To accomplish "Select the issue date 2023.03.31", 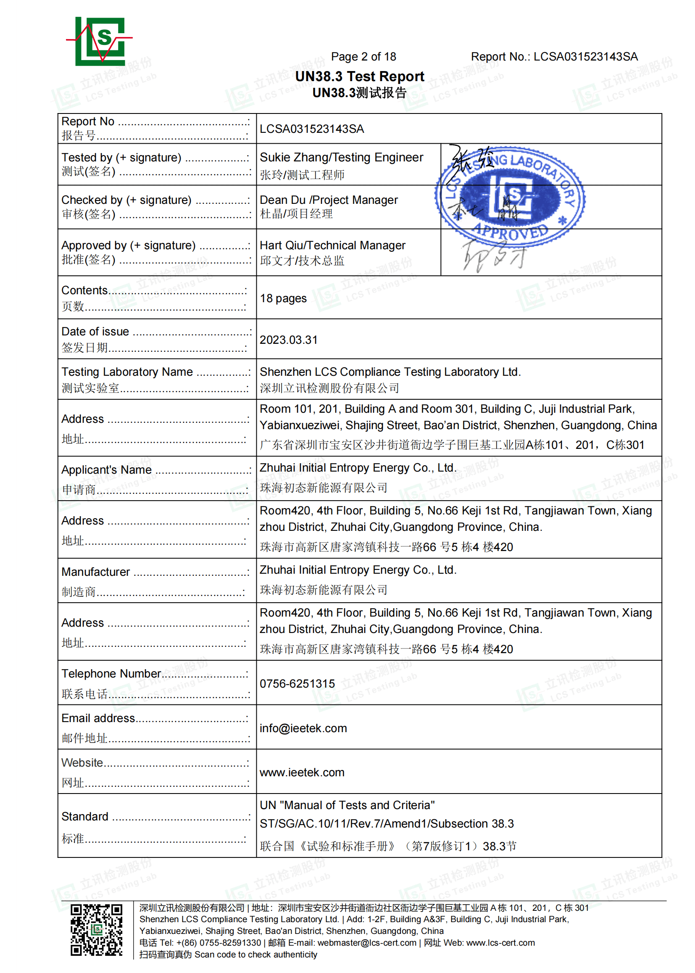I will (x=288, y=340).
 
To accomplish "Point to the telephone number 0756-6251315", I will (x=297, y=684).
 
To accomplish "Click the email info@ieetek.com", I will (x=303, y=728).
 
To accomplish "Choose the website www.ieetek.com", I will (x=302, y=772).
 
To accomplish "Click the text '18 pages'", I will (x=283, y=298).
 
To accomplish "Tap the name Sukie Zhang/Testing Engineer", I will (x=341, y=158).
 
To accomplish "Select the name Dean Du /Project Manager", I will (x=328, y=200).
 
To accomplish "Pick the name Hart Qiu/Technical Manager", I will (x=332, y=245).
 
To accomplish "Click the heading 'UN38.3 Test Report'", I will (x=360, y=76).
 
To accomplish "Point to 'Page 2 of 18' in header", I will (x=363, y=56).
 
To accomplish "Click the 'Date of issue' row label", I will (x=95, y=331).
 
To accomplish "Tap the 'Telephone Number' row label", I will (x=111, y=673).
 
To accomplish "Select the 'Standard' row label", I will (x=85, y=816).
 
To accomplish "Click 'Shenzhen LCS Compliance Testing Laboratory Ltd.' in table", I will (x=390, y=372).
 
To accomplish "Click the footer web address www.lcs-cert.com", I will (x=500, y=943).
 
